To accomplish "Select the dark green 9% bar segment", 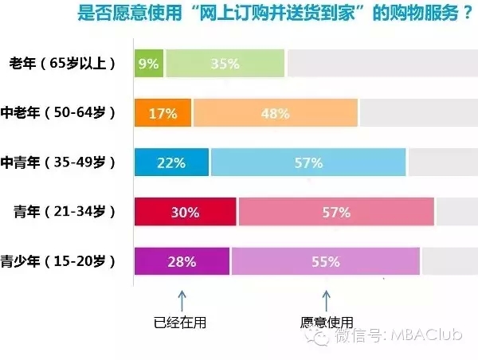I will (x=149, y=64).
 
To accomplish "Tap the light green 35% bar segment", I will (x=225, y=64).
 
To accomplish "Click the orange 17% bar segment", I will (x=163, y=113).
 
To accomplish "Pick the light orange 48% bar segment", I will (x=275, y=113).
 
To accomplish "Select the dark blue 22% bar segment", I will (x=171, y=162).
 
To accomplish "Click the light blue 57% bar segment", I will (x=308, y=162).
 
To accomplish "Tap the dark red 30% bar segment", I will (x=186, y=212).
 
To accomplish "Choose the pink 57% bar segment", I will (x=336, y=212).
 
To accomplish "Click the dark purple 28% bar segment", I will (x=182, y=261).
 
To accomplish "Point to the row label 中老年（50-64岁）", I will (x=58, y=113).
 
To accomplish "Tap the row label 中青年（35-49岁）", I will (x=58, y=162).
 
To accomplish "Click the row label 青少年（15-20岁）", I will (x=58, y=261).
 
